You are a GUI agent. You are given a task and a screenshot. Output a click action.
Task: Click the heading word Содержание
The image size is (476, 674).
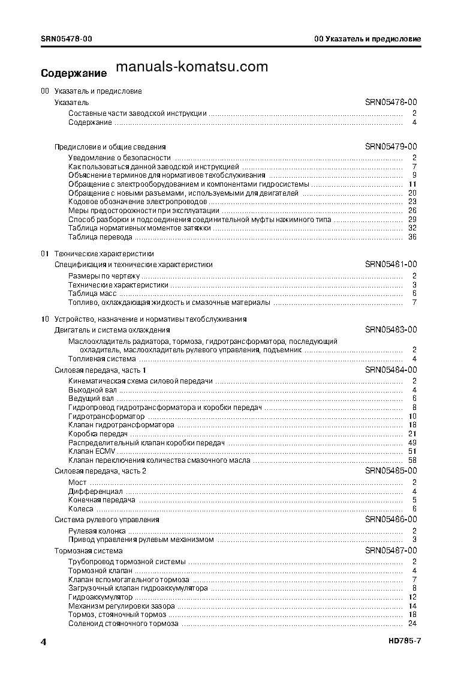[x=74, y=74]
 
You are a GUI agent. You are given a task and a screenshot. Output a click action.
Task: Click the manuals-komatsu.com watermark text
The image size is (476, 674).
[x=191, y=67]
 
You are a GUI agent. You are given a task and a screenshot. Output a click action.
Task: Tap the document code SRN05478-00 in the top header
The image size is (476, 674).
[x=66, y=39]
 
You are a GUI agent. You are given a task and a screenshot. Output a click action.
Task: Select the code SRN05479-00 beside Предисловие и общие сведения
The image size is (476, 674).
[x=391, y=146]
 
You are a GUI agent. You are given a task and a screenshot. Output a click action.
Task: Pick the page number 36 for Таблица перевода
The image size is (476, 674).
[x=412, y=237]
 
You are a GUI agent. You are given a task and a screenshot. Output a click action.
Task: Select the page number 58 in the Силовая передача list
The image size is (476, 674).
[x=412, y=460]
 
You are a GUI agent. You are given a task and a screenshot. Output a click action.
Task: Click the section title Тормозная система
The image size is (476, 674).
[x=89, y=551]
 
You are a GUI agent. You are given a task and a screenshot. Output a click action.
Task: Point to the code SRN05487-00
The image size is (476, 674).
[x=391, y=551]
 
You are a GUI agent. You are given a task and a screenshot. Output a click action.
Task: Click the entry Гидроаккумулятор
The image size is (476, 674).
[x=100, y=598]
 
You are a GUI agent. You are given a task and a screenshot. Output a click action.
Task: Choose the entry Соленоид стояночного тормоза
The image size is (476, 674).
[x=123, y=624]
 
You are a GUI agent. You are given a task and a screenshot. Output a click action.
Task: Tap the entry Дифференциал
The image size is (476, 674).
[x=95, y=492]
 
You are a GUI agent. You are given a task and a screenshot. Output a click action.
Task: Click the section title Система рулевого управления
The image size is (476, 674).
[x=107, y=520]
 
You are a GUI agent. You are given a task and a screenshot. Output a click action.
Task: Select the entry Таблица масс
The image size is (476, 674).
[x=92, y=294]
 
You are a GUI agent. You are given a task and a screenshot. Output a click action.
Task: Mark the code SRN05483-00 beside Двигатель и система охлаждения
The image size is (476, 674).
[x=391, y=330]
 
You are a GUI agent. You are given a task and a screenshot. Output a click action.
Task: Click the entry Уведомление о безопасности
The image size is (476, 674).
[x=115, y=158]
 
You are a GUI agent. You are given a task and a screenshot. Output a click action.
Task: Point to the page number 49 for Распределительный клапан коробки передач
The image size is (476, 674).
[x=412, y=443]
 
